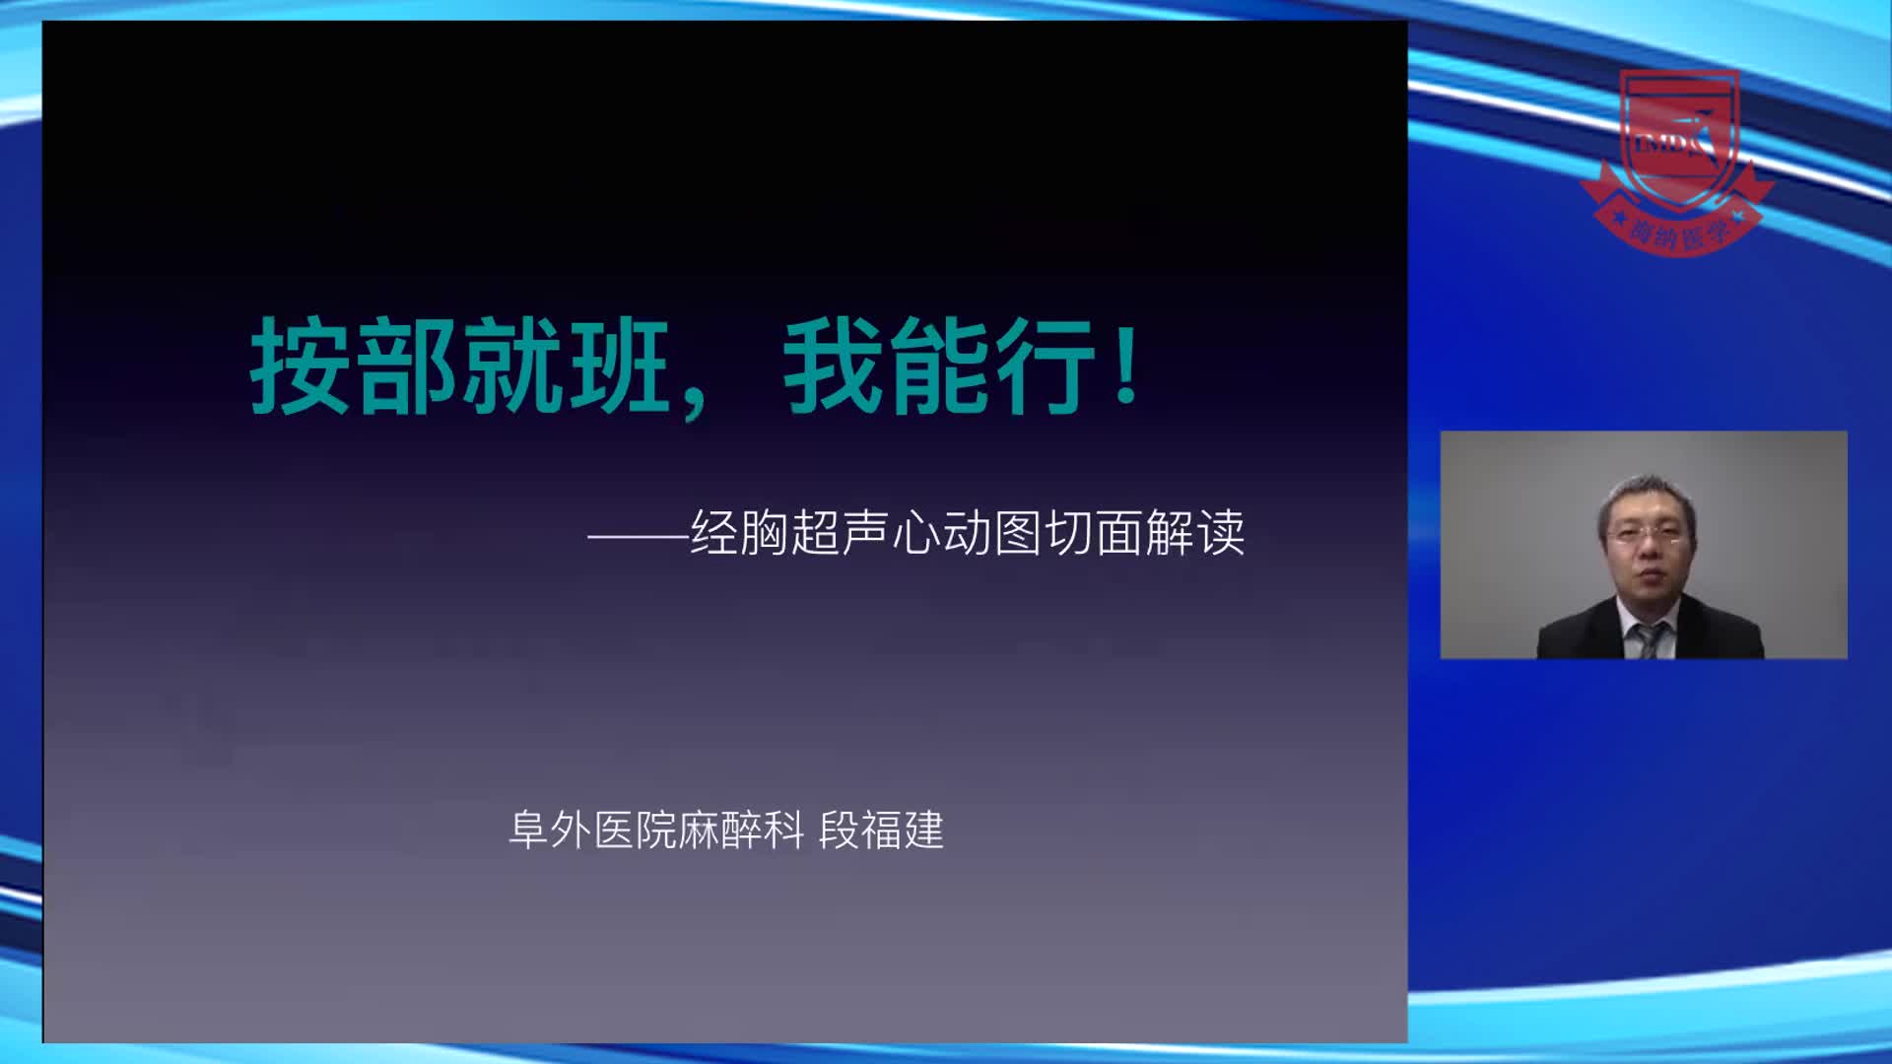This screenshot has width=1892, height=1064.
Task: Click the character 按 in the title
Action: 301,366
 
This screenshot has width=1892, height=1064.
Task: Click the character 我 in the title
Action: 834,366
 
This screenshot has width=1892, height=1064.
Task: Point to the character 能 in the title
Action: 939,366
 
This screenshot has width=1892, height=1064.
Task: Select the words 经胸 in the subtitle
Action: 739,533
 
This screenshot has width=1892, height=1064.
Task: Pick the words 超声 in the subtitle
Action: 840,533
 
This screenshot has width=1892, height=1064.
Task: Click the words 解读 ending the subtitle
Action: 1195,533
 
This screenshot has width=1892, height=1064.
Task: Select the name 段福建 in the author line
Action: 881,831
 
